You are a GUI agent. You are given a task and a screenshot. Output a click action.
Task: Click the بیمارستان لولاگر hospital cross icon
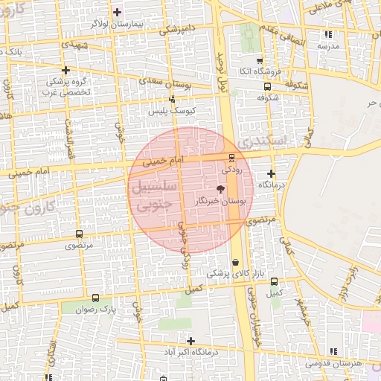tap(117, 12)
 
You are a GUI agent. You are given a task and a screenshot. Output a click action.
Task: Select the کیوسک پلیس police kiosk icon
tap(173, 98)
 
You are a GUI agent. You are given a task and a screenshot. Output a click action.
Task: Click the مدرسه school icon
tap(328, 34)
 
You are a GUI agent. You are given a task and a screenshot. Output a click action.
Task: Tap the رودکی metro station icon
tap(231, 157)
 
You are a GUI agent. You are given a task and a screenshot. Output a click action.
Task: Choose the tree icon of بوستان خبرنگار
tap(219, 189)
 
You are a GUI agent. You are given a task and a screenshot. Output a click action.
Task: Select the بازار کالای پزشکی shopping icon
tap(236, 262)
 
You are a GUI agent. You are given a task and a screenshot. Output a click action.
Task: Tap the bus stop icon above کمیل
tap(275, 281)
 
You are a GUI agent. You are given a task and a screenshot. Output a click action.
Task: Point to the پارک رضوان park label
tap(98, 307)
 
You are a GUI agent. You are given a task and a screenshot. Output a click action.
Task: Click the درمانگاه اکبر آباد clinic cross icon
tap(190, 341)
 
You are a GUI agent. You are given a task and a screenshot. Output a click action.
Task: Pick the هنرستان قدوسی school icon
tap(333, 350)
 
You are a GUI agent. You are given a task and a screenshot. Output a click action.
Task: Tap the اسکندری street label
tap(260, 139)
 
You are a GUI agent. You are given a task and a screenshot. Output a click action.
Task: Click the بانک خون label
tap(28, 51)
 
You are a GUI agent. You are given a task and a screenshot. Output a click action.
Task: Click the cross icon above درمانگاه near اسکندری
tap(271, 173)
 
